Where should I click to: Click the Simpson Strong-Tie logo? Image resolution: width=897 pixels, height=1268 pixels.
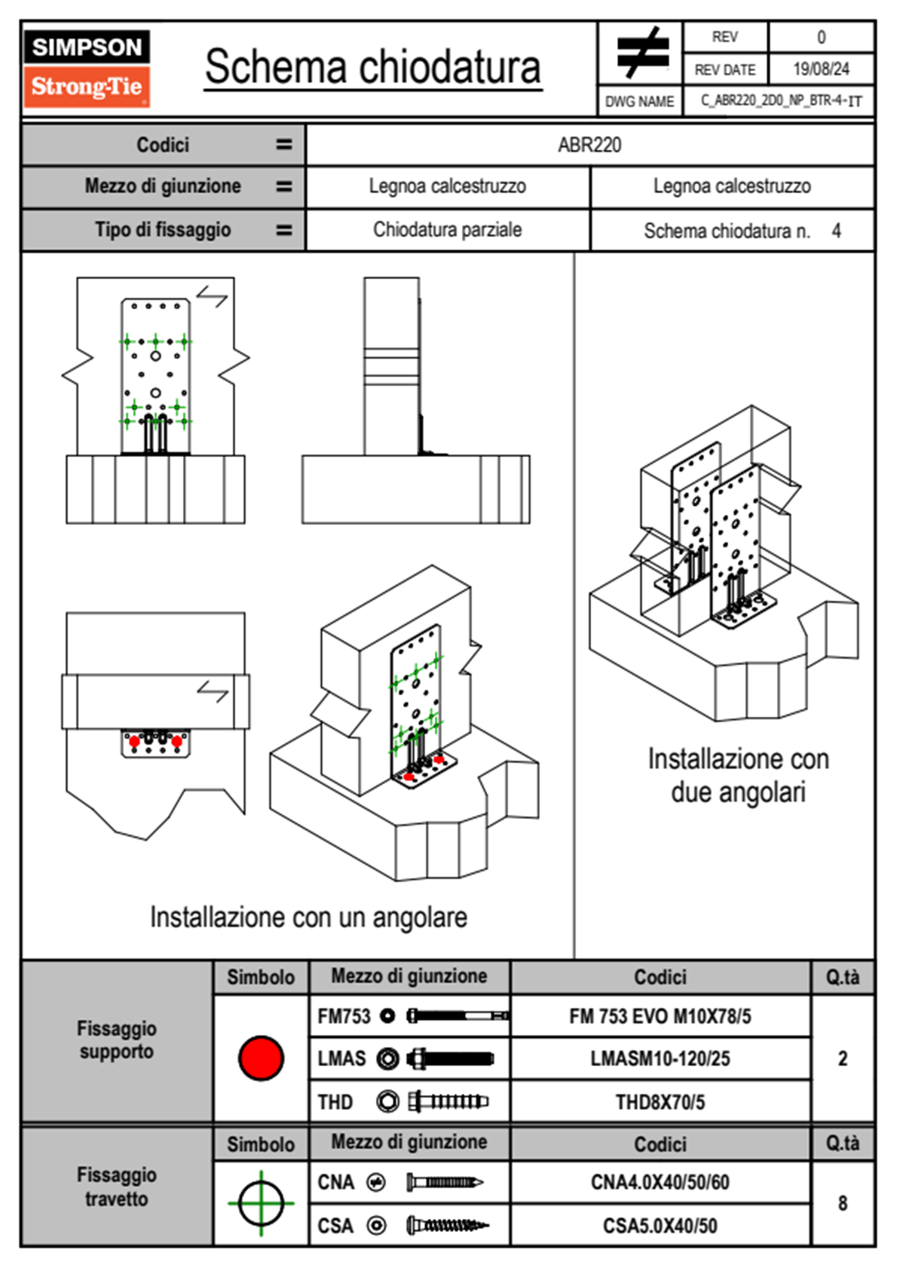point(87,69)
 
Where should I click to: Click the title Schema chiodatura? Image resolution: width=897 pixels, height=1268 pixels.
point(372,66)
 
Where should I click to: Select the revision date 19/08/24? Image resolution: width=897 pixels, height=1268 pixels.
point(821,69)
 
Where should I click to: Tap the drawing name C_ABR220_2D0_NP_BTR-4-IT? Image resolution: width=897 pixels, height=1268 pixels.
point(781,101)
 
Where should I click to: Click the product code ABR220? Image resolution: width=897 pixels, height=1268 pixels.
point(589,145)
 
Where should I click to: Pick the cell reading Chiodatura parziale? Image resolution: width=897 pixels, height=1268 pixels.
point(447,230)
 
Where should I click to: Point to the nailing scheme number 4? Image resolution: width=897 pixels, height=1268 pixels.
point(836,231)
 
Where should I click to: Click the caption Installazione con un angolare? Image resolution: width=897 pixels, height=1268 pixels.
point(308,917)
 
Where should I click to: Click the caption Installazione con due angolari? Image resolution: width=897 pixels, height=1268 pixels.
point(738,775)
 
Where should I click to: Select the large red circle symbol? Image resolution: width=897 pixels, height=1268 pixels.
point(261,1058)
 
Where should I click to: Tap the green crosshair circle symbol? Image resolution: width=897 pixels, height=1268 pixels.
point(261,1202)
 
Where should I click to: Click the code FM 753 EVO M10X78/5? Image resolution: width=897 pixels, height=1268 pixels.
point(660,1016)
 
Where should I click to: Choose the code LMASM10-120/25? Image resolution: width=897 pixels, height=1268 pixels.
point(660,1058)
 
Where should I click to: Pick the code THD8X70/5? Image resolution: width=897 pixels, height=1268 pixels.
point(660,1102)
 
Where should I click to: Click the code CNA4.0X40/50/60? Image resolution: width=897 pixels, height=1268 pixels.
point(660,1182)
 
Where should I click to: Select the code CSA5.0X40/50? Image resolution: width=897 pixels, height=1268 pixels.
point(660,1226)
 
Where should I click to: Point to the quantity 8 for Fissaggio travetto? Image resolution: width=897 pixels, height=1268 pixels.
point(842,1203)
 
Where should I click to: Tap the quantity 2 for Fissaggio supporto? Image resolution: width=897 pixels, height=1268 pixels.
point(842,1058)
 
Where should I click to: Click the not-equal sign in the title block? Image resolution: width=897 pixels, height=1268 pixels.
point(641,53)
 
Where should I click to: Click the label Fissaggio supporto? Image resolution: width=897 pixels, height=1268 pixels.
point(117,1040)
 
